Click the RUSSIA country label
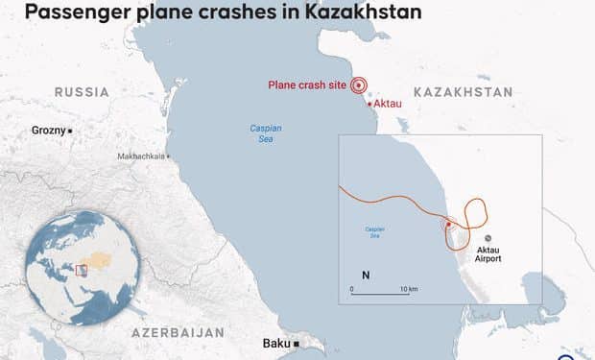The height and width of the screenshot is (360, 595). [82, 92]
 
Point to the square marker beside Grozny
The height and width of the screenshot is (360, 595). [70, 130]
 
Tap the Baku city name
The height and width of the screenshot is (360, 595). [276, 343]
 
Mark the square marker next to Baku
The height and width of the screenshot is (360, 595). [297, 343]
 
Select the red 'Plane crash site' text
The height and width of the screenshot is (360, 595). [307, 85]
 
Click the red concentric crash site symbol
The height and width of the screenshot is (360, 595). [360, 85]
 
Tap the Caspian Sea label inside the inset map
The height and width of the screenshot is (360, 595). [375, 231]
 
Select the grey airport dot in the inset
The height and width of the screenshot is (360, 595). [488, 237]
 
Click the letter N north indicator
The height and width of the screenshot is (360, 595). [366, 275]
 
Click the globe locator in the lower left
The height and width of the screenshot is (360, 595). [83, 262]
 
